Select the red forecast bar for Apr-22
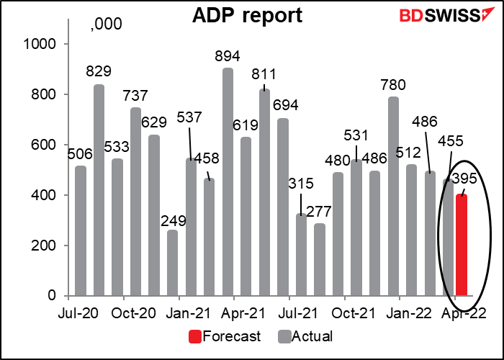462,245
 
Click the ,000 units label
106,25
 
